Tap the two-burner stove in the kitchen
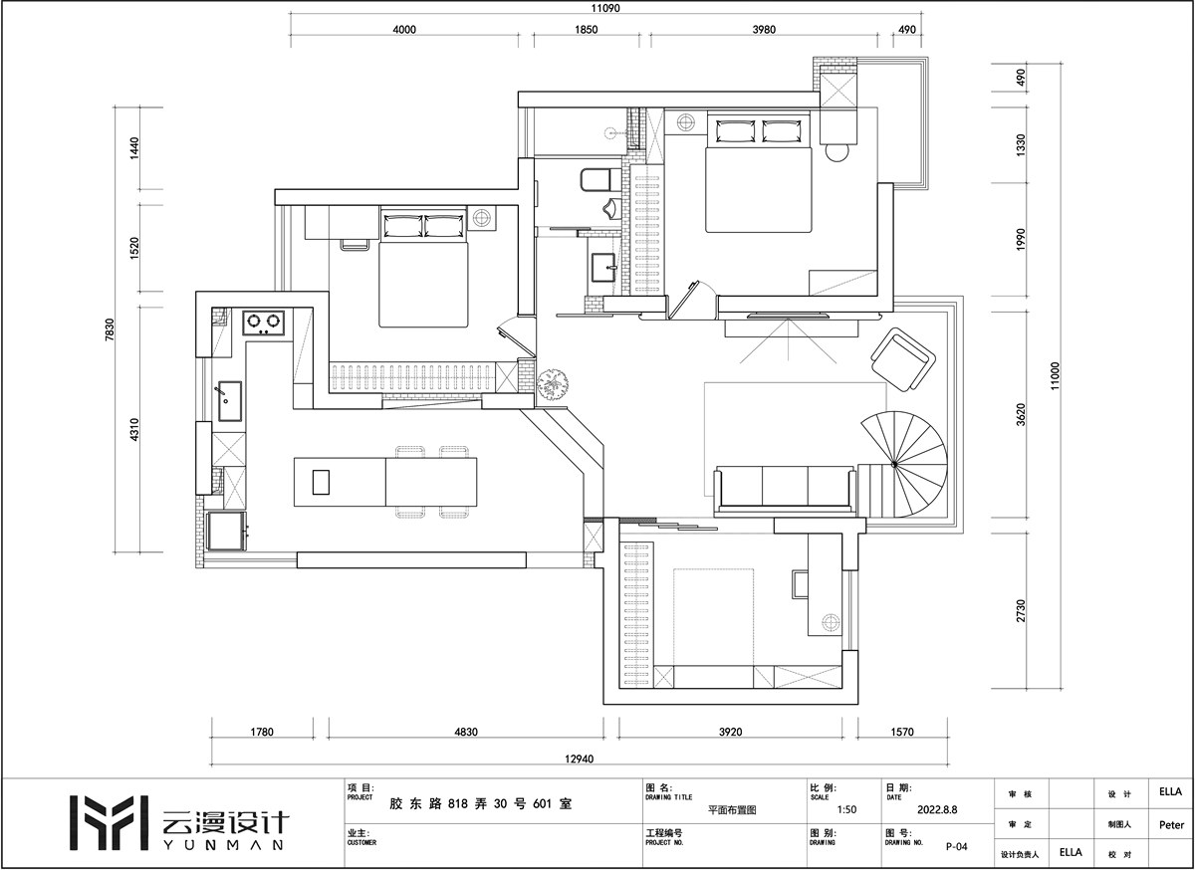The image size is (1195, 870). pyautogui.click(x=264, y=322)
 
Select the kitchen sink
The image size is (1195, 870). pyautogui.click(x=230, y=400)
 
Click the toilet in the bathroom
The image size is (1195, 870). pyautogui.click(x=600, y=180)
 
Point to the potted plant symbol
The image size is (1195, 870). pyautogui.click(x=552, y=383)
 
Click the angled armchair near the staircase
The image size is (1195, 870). pyautogui.click(x=902, y=359)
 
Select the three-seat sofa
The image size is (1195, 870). pyautogui.click(x=786, y=489)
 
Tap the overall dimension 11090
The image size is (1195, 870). pyautogui.click(x=605, y=8)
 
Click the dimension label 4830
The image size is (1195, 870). pyautogui.click(x=466, y=732)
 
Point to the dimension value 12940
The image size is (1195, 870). pyautogui.click(x=579, y=759)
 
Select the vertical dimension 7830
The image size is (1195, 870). pyautogui.click(x=110, y=329)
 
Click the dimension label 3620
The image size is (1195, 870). pyautogui.click(x=1021, y=414)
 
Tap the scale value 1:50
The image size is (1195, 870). pyautogui.click(x=846, y=809)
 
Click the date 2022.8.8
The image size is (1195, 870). pyautogui.click(x=937, y=809)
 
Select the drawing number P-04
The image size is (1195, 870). pyautogui.click(x=957, y=846)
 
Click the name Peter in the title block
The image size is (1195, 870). pyautogui.click(x=1171, y=824)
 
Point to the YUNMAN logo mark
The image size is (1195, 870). pyautogui.click(x=109, y=823)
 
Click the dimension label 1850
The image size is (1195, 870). pyautogui.click(x=586, y=29)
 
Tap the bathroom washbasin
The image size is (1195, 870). pyautogui.click(x=604, y=267)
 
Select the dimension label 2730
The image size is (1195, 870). pyautogui.click(x=1021, y=611)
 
